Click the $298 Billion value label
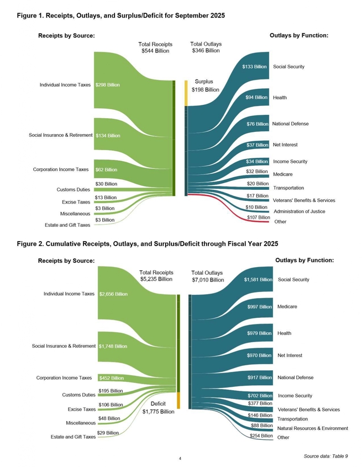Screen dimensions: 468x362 pyautogui.click(x=107, y=85)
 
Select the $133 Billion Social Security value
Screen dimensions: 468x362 pyautogui.click(x=255, y=67)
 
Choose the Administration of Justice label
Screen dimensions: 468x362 pyautogui.click(x=299, y=211)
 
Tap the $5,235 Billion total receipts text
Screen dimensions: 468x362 pyautogui.click(x=156, y=279)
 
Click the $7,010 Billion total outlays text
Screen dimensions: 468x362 pyautogui.click(x=207, y=280)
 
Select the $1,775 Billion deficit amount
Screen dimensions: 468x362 pyautogui.click(x=159, y=411)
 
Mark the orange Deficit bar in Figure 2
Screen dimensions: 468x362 pyautogui.click(x=179, y=400)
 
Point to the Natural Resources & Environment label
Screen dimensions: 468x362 pyautogui.click(x=312, y=428)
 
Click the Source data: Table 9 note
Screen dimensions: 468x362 pyautogui.click(x=326, y=456)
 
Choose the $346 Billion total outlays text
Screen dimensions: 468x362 pyautogui.click(x=206, y=50)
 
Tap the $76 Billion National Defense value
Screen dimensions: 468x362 pyautogui.click(x=258, y=124)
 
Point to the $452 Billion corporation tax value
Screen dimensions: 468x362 pyautogui.click(x=111, y=378)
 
